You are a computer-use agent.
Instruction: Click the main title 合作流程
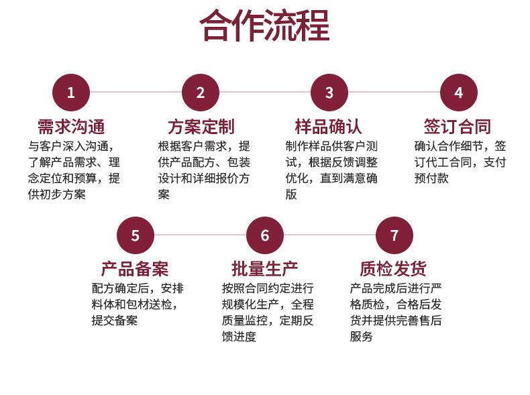coord(264,27)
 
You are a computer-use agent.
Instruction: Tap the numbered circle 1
coord(71,93)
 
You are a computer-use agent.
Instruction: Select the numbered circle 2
coord(200,93)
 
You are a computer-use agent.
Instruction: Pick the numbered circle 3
coord(329,93)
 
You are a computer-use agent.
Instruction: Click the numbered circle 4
coord(458,93)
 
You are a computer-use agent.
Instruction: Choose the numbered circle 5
coord(136,235)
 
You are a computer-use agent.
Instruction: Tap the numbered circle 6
coord(264,235)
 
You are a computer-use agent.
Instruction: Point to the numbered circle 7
coord(394,235)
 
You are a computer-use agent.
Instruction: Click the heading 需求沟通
coord(71,127)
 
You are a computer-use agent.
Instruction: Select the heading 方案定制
coord(201,127)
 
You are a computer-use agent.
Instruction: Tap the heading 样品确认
coord(329,127)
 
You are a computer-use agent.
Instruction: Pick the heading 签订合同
coord(458,127)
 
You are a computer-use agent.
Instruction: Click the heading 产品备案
coord(135,270)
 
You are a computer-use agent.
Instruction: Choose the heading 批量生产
coord(264,270)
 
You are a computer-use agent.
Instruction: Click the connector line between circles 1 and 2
coord(136,93)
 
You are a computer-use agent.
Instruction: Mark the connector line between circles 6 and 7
coord(329,235)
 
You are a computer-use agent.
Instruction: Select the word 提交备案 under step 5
coord(115,321)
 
